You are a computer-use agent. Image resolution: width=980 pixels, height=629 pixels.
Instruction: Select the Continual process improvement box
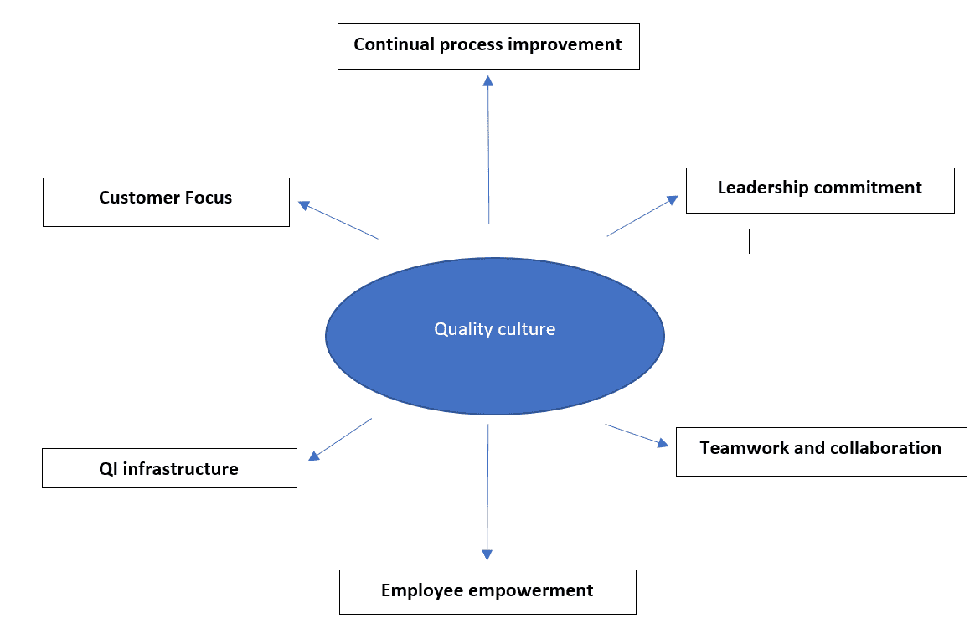click(488, 46)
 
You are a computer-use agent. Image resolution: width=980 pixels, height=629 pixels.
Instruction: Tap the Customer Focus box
click(166, 202)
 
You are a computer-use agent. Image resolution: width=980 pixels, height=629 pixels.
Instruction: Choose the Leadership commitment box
click(820, 190)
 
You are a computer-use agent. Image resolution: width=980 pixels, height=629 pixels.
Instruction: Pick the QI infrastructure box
click(169, 468)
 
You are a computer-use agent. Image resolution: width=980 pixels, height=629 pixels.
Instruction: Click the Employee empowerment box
click(487, 592)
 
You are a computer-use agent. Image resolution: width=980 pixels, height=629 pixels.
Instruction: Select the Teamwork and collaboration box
click(821, 451)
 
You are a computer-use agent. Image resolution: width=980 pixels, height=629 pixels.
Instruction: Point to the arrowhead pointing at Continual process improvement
click(488, 80)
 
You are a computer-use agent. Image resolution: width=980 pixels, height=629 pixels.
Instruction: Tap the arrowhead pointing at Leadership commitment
click(672, 200)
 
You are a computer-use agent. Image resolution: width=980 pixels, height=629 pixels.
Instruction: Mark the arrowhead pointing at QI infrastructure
click(314, 455)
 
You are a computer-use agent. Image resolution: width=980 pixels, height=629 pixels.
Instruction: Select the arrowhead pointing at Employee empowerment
click(487, 554)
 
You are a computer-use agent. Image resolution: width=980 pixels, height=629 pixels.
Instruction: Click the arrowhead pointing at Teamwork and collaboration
click(663, 444)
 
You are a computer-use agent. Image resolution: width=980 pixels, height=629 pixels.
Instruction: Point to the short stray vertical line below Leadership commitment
click(749, 241)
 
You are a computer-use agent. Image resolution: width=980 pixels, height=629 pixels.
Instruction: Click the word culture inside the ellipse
click(526, 329)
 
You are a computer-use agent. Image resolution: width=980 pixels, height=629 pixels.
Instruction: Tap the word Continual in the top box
click(389, 44)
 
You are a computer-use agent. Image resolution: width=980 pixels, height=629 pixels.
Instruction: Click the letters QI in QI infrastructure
click(106, 469)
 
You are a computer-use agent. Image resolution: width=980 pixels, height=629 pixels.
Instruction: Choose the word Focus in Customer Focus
click(208, 198)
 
